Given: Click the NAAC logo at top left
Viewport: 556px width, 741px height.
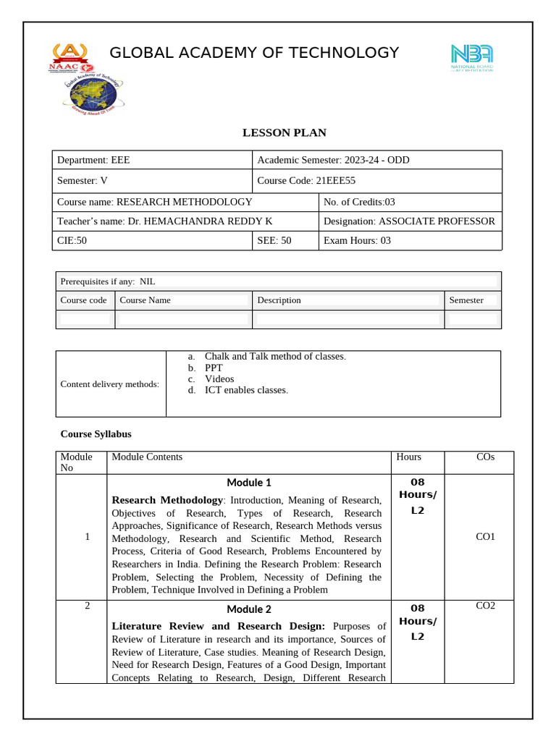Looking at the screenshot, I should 69,57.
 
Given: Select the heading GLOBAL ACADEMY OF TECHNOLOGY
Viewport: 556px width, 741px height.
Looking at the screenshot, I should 254,53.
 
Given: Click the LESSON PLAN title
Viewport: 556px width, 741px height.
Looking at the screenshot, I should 284,132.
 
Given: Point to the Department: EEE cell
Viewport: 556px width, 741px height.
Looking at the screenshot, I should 94,160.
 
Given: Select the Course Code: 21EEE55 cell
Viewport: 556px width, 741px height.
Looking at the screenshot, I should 307,181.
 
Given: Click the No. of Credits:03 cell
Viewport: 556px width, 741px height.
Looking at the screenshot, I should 359,202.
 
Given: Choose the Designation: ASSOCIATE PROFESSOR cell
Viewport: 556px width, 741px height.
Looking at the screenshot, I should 409,221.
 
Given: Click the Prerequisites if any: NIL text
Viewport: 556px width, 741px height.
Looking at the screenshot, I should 108,281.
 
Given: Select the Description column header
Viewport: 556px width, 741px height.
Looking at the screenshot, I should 279,300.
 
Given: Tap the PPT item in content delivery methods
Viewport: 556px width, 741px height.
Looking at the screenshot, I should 214,368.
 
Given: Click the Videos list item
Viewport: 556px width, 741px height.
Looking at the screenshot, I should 219,378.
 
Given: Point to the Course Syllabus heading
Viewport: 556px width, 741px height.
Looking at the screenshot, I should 96,434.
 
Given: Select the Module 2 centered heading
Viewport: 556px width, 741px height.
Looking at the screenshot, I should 248,609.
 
